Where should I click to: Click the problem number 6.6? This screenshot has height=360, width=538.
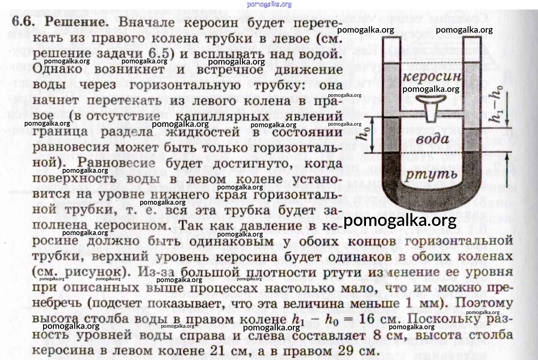[23, 22]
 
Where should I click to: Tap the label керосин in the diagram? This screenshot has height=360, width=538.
[432, 77]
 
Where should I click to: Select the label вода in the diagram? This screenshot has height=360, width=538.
[432, 139]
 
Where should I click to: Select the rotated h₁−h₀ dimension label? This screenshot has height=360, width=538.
[497, 104]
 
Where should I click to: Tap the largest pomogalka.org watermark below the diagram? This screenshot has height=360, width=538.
[400, 220]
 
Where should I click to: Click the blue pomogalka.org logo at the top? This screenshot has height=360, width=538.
[269, 4]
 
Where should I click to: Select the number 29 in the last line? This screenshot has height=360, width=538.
[346, 351]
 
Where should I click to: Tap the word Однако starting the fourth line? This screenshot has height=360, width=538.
[57, 69]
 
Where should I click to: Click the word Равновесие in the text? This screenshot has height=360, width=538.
[116, 163]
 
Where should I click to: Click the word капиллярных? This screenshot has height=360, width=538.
[222, 117]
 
